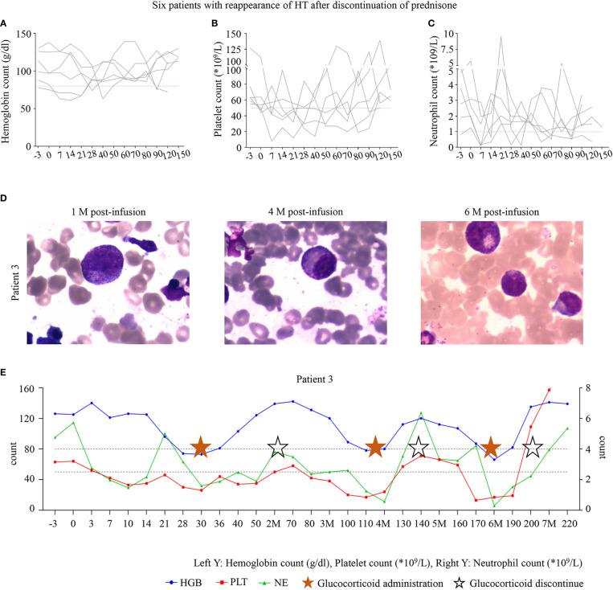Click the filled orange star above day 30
pos(201,448)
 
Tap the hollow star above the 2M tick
pos(277,448)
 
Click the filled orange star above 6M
pos(492,448)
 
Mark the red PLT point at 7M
pos(549,390)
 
